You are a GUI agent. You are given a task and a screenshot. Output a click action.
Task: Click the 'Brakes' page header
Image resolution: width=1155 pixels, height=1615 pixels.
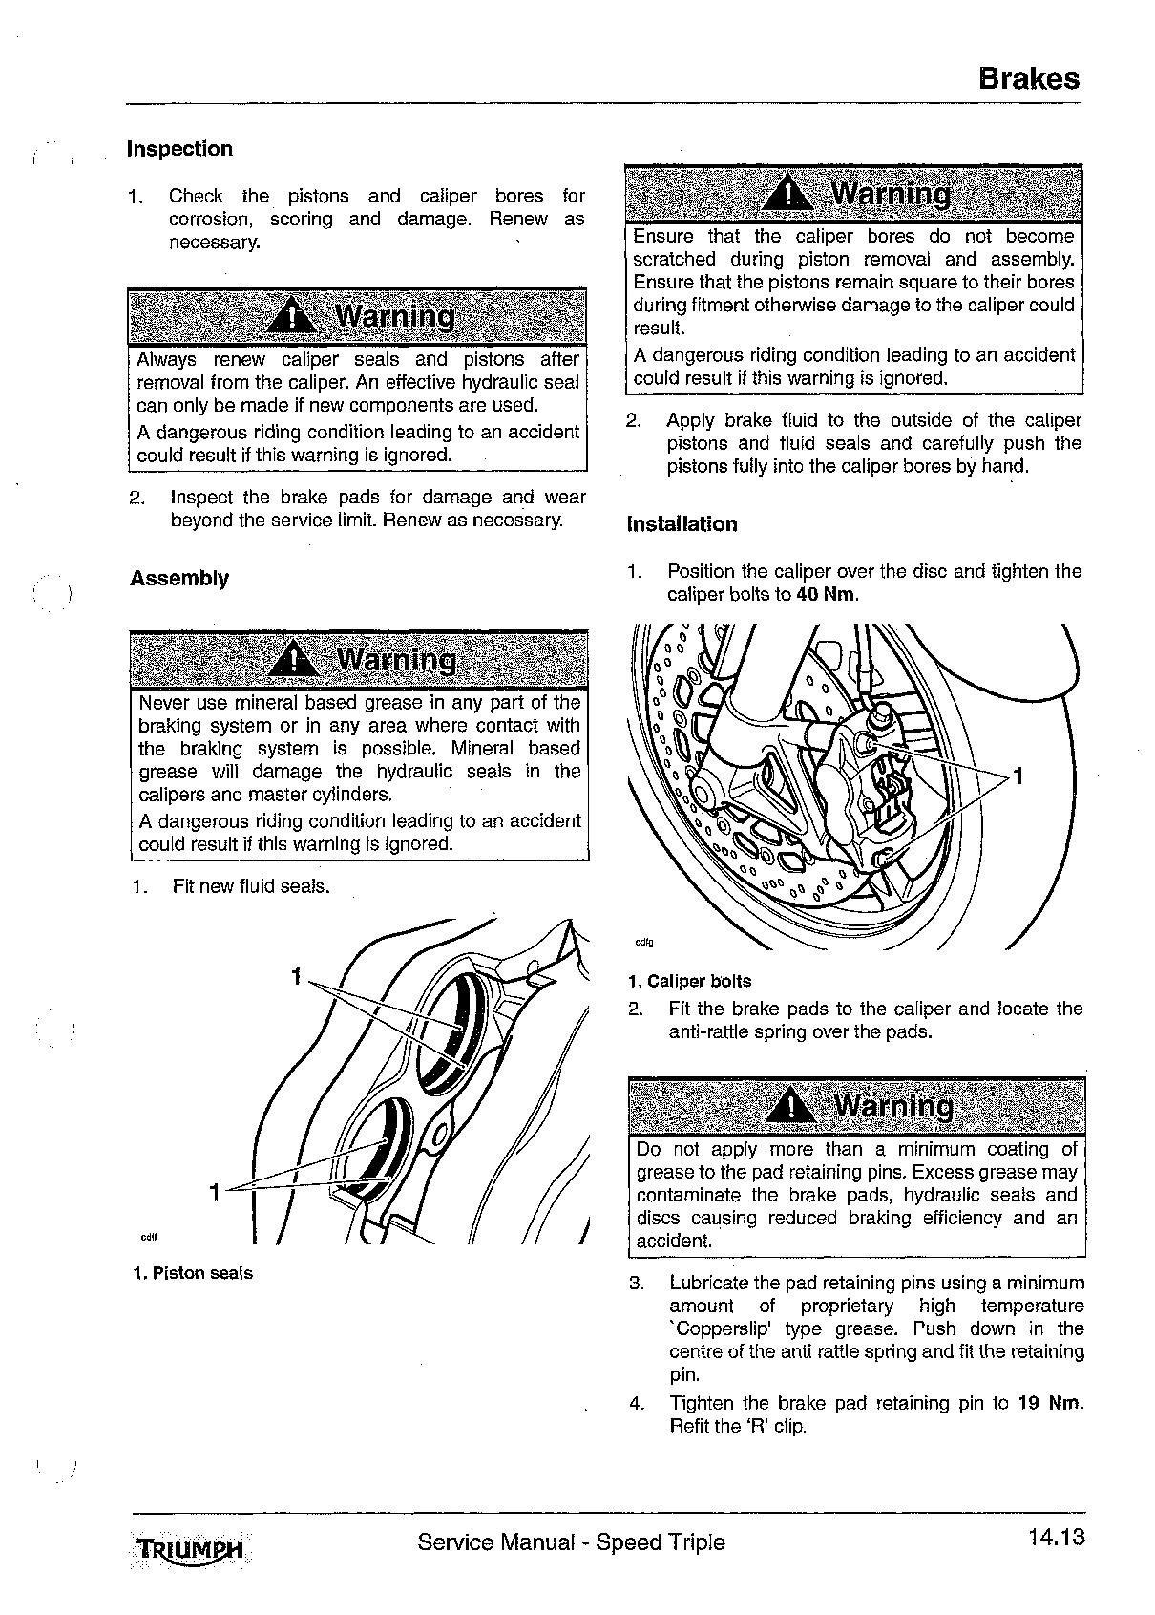(1029, 78)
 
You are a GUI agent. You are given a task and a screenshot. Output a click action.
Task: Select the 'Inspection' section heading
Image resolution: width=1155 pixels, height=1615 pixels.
(179, 149)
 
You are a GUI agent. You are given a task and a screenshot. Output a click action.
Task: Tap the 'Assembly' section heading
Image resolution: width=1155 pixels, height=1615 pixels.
(179, 579)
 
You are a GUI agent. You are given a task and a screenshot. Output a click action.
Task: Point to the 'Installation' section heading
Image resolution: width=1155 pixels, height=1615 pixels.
(682, 524)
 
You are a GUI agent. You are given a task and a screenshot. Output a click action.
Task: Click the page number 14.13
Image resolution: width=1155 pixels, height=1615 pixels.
(1057, 1539)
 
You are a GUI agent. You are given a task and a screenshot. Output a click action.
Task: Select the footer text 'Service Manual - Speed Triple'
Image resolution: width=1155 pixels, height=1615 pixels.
(571, 1542)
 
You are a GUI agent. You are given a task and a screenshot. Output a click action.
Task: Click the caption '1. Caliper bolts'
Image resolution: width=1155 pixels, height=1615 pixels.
(689, 981)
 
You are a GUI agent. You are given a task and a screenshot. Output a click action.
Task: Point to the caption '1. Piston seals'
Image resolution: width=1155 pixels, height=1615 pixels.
(193, 1273)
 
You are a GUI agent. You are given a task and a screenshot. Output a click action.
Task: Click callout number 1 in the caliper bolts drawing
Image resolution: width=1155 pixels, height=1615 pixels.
(1018, 776)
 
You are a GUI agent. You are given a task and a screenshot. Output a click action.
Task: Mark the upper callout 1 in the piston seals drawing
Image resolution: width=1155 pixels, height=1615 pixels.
(297, 977)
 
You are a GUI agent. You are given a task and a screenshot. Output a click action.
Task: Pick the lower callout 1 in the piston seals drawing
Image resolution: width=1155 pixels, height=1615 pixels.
(217, 1192)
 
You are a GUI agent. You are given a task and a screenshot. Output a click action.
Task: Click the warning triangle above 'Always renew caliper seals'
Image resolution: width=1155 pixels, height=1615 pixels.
(295, 316)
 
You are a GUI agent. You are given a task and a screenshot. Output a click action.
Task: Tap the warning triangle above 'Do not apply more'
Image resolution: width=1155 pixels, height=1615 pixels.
(790, 1107)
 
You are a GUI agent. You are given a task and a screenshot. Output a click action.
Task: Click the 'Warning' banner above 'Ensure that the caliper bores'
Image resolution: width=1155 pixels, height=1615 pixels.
(853, 194)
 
